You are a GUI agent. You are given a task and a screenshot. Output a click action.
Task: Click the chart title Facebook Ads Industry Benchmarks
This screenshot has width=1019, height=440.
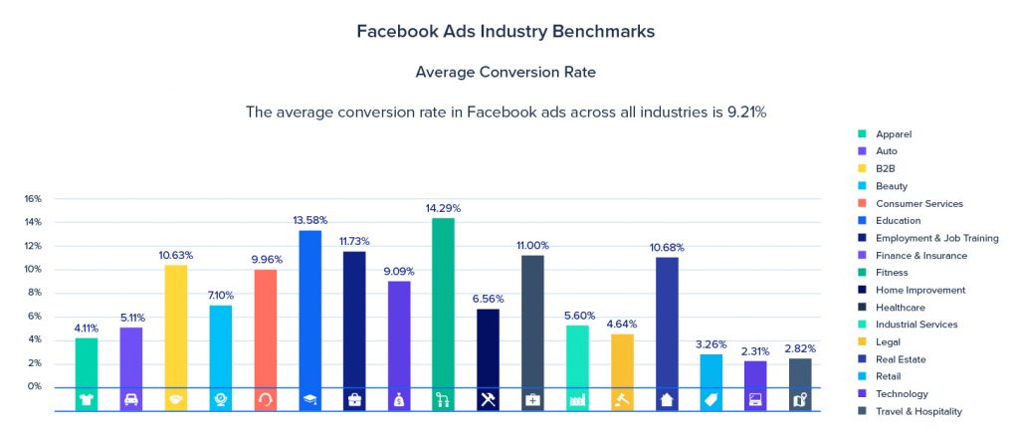click(506, 31)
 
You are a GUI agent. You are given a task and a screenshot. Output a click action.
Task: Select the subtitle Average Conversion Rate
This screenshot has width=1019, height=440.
click(506, 72)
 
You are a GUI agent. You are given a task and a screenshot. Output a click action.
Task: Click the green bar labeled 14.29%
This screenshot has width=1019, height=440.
click(443, 299)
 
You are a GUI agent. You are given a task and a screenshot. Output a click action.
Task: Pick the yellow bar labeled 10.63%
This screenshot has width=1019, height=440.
click(176, 324)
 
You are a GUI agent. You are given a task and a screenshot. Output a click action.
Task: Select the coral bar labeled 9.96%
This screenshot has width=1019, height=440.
click(265, 327)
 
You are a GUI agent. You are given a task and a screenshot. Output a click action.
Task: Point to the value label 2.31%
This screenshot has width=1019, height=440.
click(756, 350)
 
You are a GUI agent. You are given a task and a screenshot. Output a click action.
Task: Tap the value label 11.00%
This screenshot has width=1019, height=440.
click(532, 245)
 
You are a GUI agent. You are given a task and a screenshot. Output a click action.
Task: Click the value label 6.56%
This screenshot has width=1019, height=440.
click(489, 298)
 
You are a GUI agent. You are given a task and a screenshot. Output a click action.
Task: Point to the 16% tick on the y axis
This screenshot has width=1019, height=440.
click(33, 199)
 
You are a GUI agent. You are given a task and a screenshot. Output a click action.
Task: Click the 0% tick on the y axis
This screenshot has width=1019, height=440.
click(35, 386)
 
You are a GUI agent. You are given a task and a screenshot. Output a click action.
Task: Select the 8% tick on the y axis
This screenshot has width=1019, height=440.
click(35, 293)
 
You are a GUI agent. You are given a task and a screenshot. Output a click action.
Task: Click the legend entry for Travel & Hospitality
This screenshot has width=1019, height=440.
click(918, 411)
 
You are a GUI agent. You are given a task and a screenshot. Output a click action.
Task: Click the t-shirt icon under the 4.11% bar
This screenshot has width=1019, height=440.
click(87, 399)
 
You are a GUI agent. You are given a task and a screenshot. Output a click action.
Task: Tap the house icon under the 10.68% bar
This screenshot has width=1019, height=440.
click(666, 399)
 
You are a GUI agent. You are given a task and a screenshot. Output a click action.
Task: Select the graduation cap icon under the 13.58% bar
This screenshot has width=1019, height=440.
click(309, 399)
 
